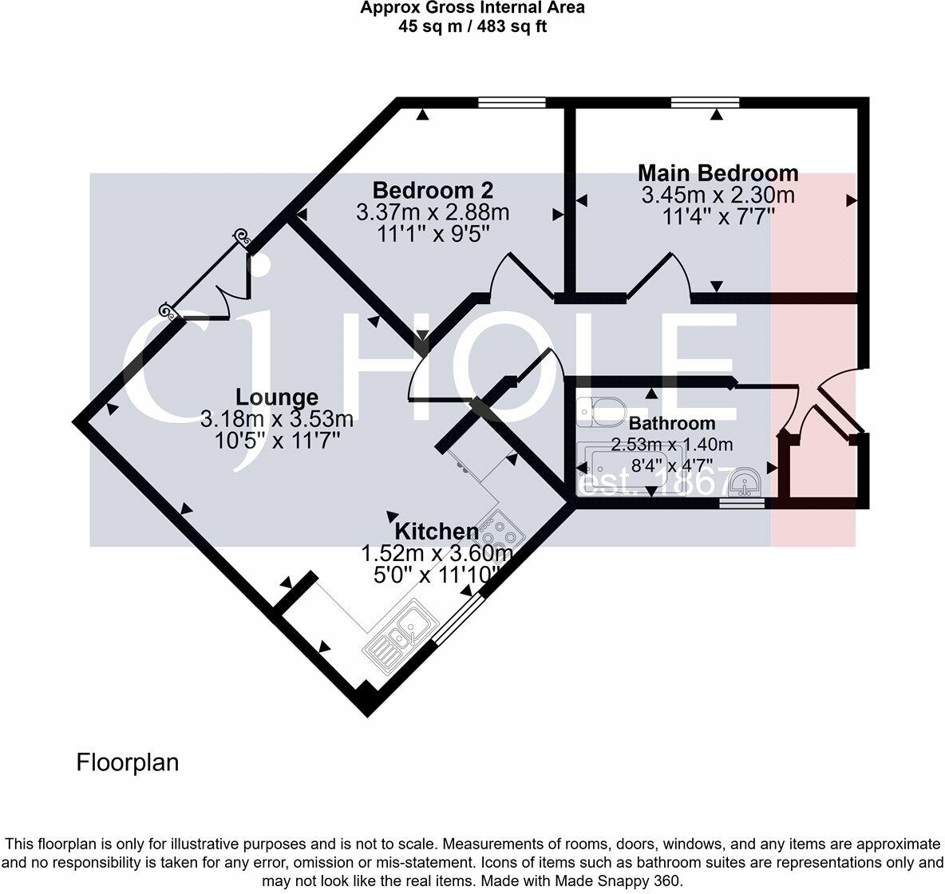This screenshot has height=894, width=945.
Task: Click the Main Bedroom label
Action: (x=718, y=173)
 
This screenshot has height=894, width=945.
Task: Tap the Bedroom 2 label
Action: (x=433, y=191)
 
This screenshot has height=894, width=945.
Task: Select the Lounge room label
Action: (x=277, y=398)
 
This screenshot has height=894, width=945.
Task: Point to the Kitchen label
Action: (x=437, y=532)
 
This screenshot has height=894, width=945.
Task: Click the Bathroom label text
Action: (x=672, y=423)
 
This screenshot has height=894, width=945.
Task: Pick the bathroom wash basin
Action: (x=745, y=481)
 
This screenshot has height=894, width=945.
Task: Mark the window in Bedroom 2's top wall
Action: (x=512, y=102)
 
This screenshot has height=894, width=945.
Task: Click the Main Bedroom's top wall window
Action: (x=705, y=102)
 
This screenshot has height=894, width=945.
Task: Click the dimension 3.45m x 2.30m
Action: (x=718, y=196)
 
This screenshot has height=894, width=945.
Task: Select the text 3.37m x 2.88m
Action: (x=433, y=213)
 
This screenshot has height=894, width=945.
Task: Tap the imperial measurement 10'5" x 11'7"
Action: (x=277, y=441)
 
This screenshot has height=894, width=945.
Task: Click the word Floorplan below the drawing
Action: (x=128, y=762)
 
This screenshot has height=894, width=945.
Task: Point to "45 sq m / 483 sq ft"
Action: (x=472, y=26)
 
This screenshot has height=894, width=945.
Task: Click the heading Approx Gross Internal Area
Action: (x=472, y=8)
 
